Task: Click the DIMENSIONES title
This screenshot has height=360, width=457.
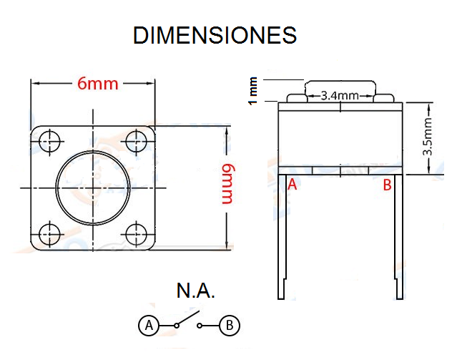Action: pos(215,35)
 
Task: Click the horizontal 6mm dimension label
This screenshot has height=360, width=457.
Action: pos(98,84)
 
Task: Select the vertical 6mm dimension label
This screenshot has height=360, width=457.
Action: pos(228,184)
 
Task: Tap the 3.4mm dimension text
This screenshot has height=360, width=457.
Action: pos(340,95)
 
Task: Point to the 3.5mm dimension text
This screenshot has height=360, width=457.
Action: pos(428,137)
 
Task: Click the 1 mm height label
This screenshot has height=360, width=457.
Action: pos(252,91)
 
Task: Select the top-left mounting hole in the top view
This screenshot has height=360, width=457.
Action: pos(49,142)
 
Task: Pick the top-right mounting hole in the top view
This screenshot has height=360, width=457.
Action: pos(136,142)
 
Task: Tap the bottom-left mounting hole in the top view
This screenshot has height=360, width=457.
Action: pos(49,234)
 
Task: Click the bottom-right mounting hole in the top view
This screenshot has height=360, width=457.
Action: pos(136,234)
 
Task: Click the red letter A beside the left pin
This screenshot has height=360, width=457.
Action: pos(292,185)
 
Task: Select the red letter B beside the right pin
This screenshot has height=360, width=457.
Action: pos(387,185)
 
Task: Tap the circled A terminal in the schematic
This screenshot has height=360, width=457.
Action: pos(149,325)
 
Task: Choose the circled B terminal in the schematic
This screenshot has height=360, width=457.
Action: pos(230,325)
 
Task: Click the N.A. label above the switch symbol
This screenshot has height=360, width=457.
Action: pos(195,291)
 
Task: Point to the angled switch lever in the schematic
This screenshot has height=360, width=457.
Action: pos(188,318)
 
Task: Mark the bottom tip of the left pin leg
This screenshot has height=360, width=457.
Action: pos(281,298)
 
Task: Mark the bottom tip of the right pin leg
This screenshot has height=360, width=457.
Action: pos(400,298)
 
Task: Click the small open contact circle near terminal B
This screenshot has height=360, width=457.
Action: pos(200,326)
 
